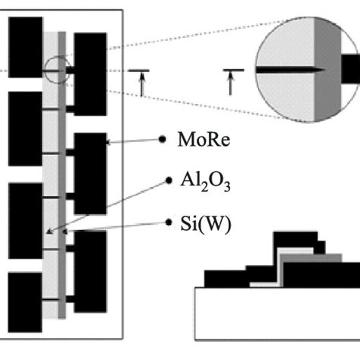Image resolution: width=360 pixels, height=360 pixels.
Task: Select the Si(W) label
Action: click(x=199, y=223)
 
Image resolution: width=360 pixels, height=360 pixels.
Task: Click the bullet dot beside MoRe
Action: click(x=162, y=141)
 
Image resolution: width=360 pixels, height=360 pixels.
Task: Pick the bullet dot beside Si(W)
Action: click(x=168, y=223)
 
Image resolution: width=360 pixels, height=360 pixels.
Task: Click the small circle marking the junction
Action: click(x=57, y=70)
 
